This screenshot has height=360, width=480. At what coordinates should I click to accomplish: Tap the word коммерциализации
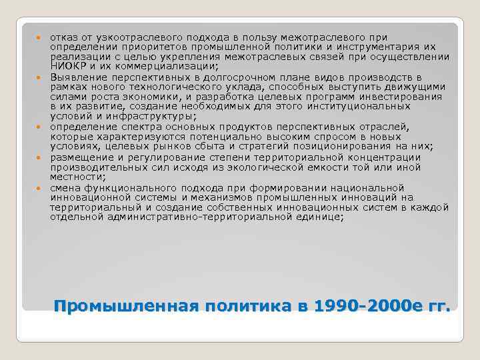170,65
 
